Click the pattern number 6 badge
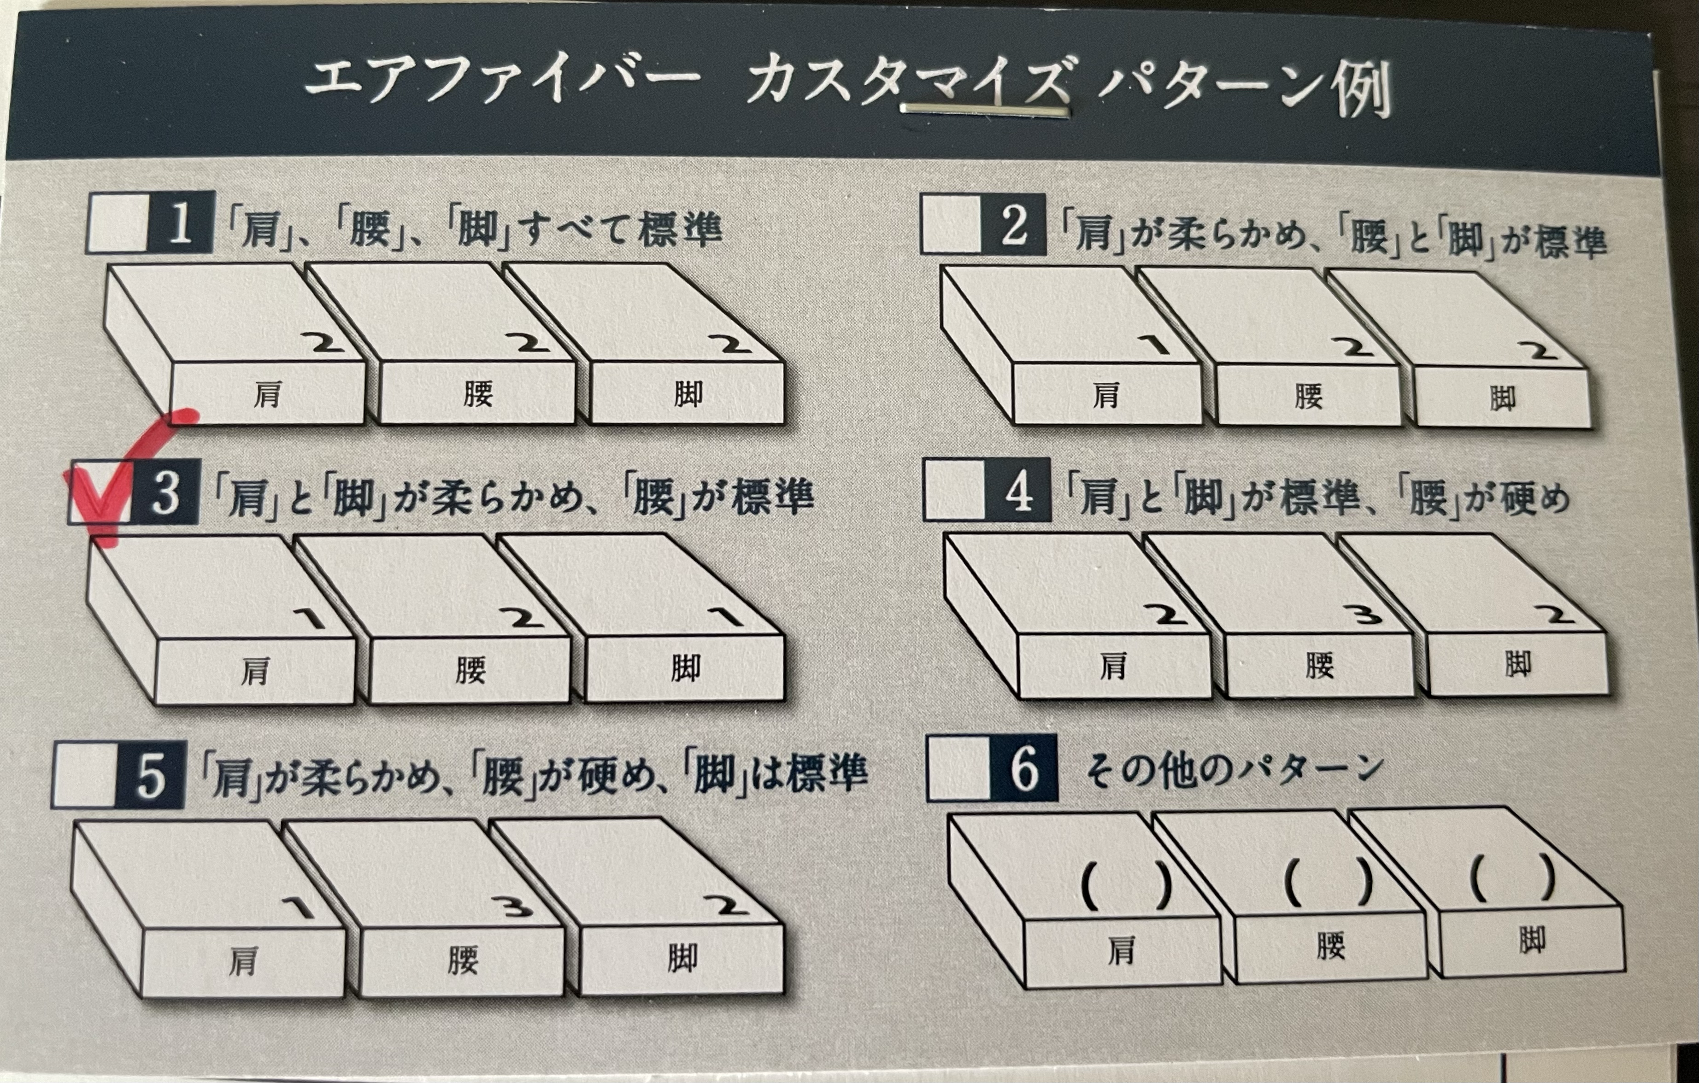coord(1024,768)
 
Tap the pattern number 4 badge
coord(1018,490)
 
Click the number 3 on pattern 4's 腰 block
coord(1367,615)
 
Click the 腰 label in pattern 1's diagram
coord(478,394)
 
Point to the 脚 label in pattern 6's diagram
coord(1532,941)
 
